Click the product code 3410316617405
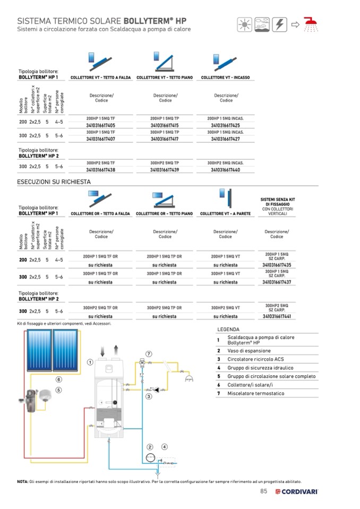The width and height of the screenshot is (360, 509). point(100,125)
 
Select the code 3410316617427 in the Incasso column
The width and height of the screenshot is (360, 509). point(225,139)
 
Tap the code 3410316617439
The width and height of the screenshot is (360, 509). point(164,170)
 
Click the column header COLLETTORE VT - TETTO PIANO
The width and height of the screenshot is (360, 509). point(165,78)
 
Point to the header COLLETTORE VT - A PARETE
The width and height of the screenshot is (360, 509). point(225,214)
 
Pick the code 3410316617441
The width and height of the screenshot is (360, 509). point(277,316)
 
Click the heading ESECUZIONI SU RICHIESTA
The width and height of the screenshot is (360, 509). point(54,182)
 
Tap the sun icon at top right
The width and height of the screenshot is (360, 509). point(245,24)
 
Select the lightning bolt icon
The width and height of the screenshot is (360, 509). point(280,24)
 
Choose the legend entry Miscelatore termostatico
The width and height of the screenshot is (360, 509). point(255,393)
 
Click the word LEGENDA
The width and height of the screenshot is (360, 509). point(228,330)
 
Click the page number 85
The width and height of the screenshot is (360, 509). point(264,491)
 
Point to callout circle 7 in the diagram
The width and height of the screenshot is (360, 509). point(149,353)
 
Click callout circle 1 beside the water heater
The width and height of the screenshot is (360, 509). point(90,362)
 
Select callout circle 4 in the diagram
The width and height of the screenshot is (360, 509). point(165,447)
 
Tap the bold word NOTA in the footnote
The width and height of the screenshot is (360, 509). point(23,481)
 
